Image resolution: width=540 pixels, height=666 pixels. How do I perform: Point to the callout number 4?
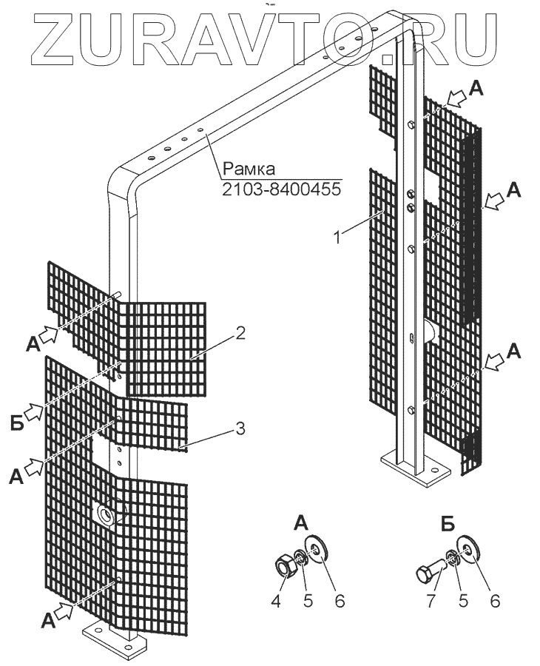pyautogui.click(x=277, y=601)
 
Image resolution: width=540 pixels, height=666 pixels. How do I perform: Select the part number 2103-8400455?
pyautogui.click(x=281, y=189)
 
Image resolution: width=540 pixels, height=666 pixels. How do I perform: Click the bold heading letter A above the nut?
pyautogui.click(x=303, y=524)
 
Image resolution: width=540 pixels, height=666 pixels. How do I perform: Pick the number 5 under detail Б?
pyautogui.click(x=462, y=601)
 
